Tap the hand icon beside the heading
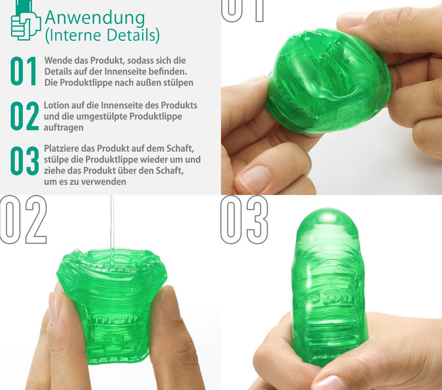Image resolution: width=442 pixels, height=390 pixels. coord(25,21)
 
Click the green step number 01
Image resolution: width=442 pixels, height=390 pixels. coord(23,71)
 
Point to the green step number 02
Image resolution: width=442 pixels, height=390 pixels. coord(25,116)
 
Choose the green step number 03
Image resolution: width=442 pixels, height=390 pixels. coord(25,161)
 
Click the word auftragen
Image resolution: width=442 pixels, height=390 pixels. coord(64,128)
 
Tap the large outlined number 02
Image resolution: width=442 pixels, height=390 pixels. coord(23,219)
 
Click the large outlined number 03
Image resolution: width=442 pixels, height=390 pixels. coord(244,219)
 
